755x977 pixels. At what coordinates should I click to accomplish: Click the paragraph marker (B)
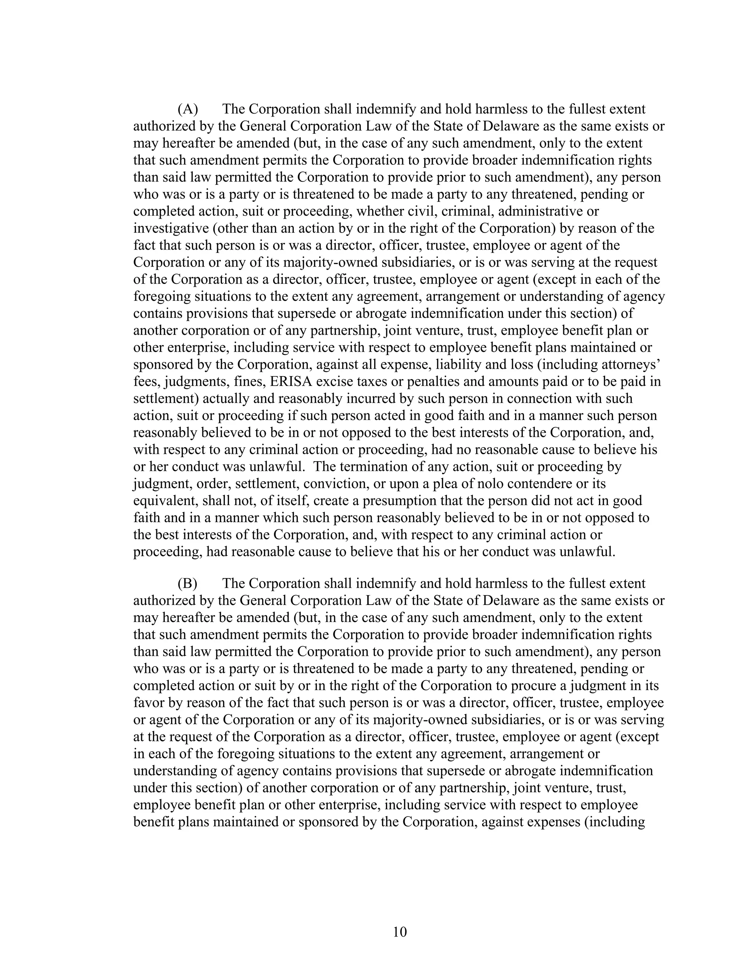tap(187, 583)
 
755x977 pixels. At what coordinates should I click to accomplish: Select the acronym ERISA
tap(289, 382)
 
